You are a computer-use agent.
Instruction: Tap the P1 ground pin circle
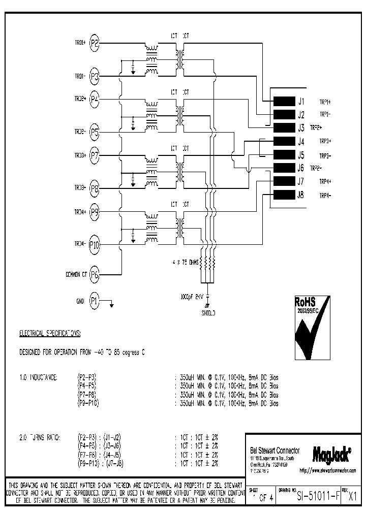[x=94, y=301]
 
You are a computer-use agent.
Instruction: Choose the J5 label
[x=301, y=155]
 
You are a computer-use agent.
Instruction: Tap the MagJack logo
[x=331, y=452]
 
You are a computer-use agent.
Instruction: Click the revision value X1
[x=352, y=497]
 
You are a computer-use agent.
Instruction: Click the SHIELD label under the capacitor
[x=207, y=313]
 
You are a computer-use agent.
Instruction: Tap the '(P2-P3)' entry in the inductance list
[x=87, y=377]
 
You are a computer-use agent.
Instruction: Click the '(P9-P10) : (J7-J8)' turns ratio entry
[x=101, y=463]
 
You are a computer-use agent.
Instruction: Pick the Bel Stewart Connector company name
[x=275, y=451]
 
